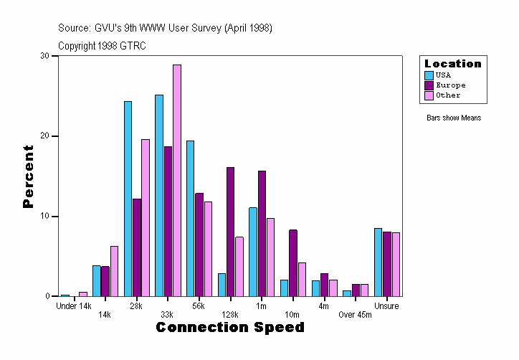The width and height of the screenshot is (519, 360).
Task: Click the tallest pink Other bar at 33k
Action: point(176,180)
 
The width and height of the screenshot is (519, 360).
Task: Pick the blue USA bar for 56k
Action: point(191,218)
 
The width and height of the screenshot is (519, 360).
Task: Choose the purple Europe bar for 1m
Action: point(262,233)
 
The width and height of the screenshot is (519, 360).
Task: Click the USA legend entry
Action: point(443,75)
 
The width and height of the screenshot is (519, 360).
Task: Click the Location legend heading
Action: point(453,64)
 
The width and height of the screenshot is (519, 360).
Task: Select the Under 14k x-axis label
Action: point(74,306)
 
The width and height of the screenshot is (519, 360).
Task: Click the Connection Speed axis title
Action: point(230,328)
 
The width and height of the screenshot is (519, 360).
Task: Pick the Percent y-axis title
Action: point(28,176)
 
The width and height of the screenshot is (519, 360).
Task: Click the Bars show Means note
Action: point(454,118)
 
